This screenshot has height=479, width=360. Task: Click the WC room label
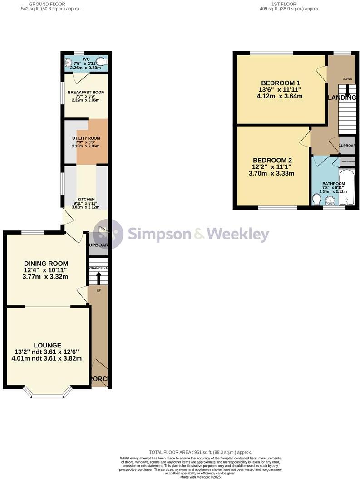coord(86,59)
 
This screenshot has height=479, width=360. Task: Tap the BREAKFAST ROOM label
coord(86,92)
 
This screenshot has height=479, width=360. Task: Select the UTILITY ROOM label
coord(86,138)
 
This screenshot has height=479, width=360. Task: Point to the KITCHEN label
coord(86,200)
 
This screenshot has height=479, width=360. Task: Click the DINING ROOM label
coord(46,264)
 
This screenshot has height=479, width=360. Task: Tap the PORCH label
coord(99,379)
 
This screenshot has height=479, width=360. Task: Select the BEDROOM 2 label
coord(272,160)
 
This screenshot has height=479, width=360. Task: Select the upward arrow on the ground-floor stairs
coord(98,276)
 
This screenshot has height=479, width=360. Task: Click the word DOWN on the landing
coord(347,79)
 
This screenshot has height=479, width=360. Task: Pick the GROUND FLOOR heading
coord(46,4)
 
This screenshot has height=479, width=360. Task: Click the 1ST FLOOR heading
coord(284,4)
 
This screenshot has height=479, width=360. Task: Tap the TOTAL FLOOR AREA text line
coord(200,452)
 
